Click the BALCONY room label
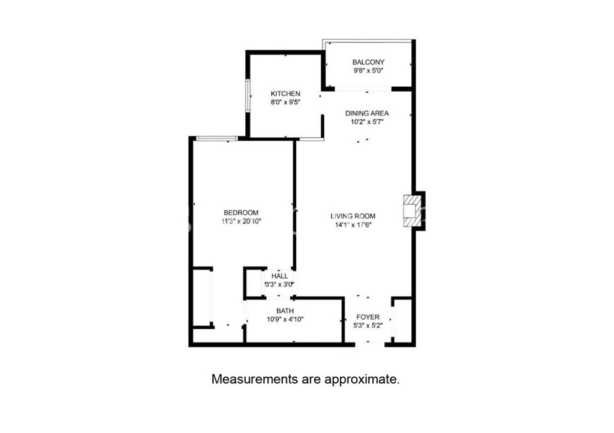[368, 62]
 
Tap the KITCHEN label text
[285, 93]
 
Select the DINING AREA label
[367, 113]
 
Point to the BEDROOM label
[241, 213]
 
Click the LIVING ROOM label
[353, 216]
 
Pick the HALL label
[279, 275]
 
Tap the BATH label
[285, 311]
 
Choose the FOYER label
[368, 317]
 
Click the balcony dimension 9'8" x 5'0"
[368, 71]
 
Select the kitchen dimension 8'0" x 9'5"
[285, 102]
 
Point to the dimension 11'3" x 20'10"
[241, 222]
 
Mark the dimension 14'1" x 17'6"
[353, 225]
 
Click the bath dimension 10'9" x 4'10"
[285, 319]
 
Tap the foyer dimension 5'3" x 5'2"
[368, 325]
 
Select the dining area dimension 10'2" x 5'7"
[367, 122]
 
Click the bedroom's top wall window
[216, 138]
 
